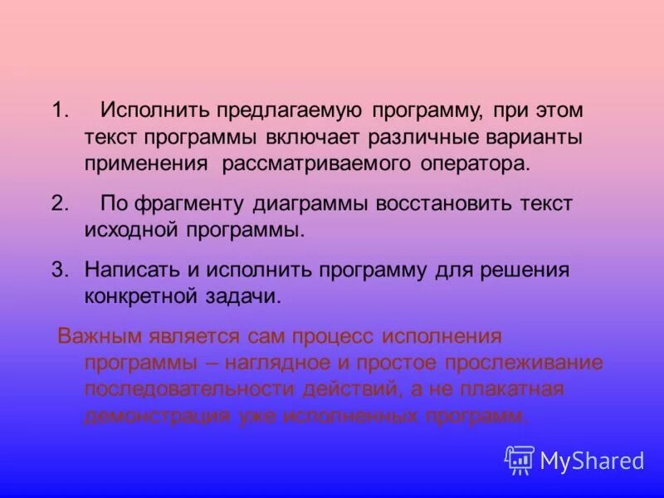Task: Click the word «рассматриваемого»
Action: pos(315,163)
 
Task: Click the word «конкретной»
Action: pos(137,296)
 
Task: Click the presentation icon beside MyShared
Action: pos(520,460)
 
